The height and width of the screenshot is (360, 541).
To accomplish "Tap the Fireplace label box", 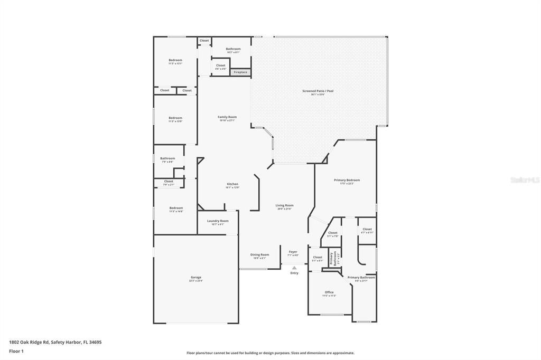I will point(240,72).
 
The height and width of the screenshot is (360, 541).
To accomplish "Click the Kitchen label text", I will point(232,184).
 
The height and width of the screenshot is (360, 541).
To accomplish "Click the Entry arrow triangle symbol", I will point(294,268).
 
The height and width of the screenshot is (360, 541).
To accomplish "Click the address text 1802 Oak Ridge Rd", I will point(55,342).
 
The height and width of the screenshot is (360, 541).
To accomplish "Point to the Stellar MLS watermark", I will point(525,180).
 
